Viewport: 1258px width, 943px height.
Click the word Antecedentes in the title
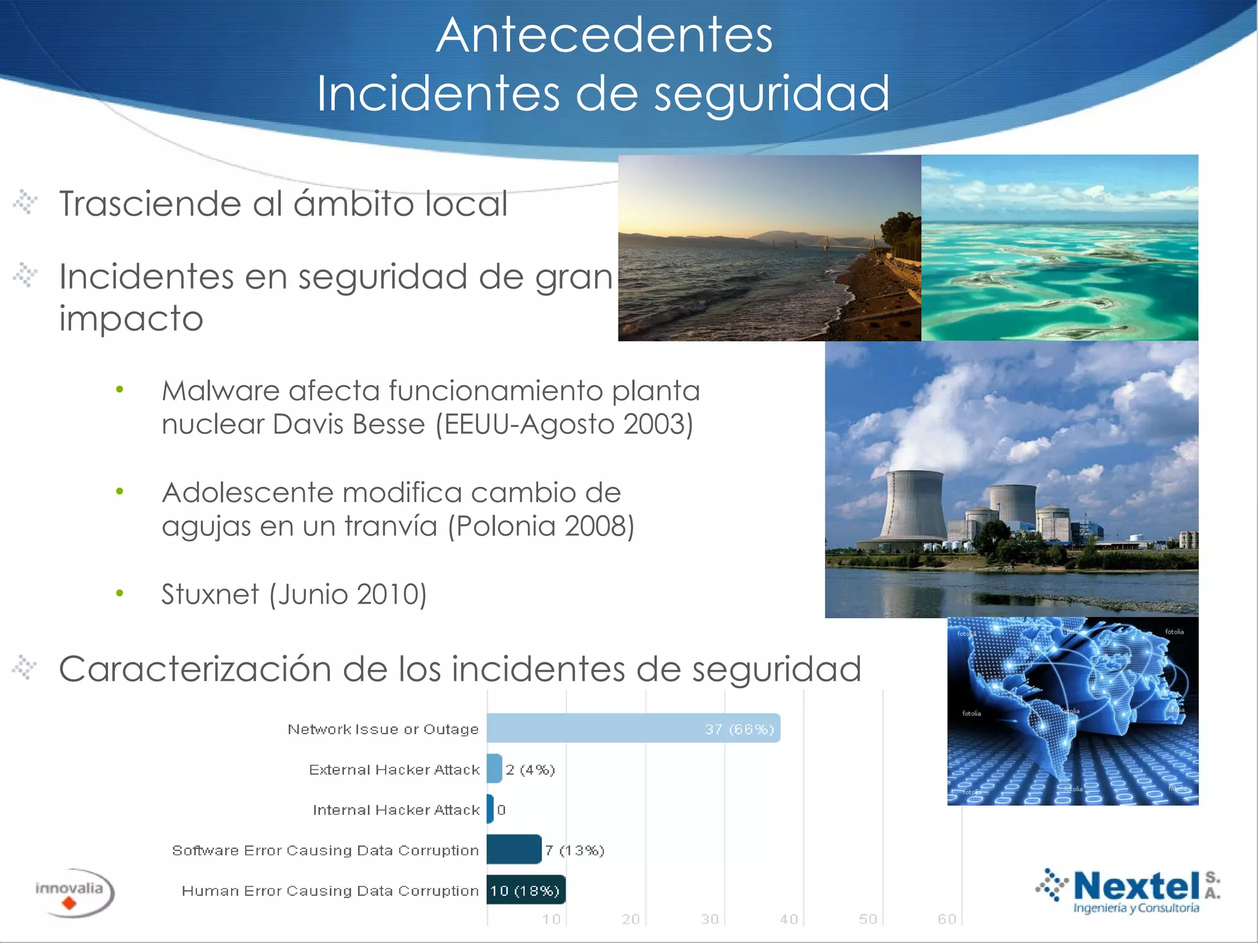click(604, 36)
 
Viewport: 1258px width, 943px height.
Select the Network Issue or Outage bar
click(633, 729)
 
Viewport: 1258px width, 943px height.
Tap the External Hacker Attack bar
click(494, 769)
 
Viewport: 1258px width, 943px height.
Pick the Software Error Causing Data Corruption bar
click(514, 850)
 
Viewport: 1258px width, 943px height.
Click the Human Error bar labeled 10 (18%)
click(526, 890)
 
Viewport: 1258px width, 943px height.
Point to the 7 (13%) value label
click(574, 850)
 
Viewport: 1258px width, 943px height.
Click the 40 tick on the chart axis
click(789, 919)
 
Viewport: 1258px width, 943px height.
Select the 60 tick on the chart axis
click(947, 919)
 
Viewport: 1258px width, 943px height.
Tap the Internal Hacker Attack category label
click(396, 810)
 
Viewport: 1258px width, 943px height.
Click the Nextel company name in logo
click(1136, 886)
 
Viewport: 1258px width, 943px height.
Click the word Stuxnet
click(210, 594)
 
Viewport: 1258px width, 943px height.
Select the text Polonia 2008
click(541, 526)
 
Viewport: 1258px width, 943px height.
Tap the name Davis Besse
click(349, 424)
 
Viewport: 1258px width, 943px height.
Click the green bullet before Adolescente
click(120, 491)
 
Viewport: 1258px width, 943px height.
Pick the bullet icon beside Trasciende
click(26, 203)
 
